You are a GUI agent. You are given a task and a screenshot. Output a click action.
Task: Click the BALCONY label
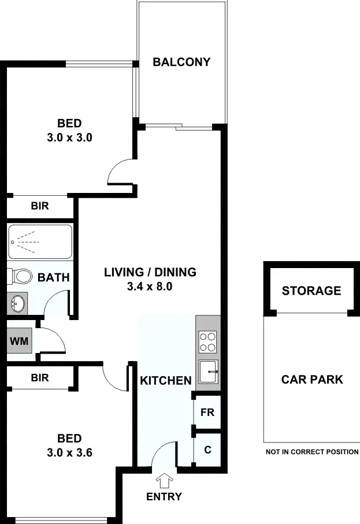181,62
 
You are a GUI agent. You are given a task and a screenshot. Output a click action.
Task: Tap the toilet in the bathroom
21,276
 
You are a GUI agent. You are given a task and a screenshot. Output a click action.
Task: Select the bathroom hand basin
18,302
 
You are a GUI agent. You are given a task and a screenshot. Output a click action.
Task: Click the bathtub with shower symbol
40,241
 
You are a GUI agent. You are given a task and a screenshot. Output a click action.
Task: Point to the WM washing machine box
18,340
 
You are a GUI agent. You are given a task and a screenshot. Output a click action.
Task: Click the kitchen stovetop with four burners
207,341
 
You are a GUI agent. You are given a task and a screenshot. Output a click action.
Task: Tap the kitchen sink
207,371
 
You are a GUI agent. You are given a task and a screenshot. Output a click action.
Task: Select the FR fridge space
207,412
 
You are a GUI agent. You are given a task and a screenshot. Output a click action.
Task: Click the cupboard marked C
207,448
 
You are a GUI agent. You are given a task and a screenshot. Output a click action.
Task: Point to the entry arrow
164,480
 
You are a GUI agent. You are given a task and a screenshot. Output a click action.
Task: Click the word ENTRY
164,496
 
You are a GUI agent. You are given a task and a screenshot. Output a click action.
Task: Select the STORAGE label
311,291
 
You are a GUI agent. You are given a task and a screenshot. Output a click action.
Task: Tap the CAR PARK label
312,380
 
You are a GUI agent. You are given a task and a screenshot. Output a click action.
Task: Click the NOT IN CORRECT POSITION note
312,452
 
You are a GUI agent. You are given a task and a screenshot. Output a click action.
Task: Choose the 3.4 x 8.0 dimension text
150,285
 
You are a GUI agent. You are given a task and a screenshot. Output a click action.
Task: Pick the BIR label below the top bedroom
40,206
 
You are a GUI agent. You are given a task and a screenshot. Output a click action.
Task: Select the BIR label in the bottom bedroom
40,378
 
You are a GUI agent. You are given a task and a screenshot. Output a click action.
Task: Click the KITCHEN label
166,381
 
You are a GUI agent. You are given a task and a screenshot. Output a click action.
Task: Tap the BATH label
53,278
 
